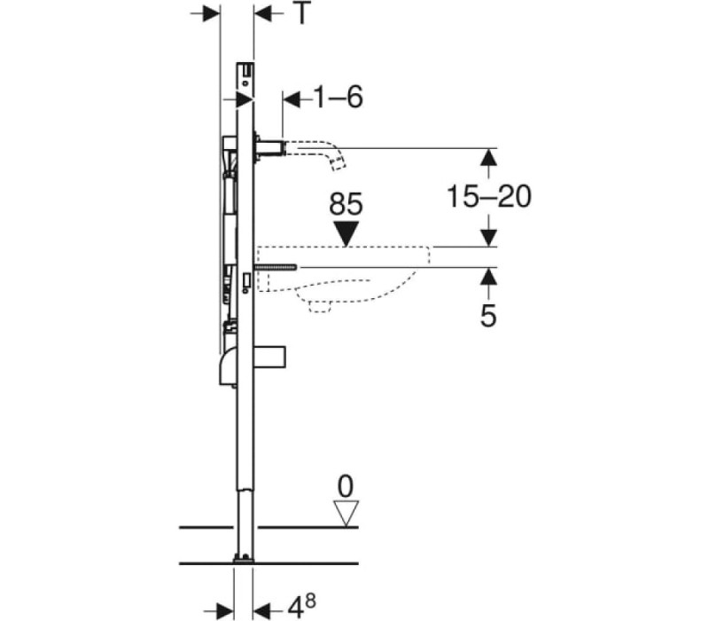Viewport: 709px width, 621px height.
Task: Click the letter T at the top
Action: (x=302, y=14)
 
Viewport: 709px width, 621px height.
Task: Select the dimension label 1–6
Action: (x=338, y=98)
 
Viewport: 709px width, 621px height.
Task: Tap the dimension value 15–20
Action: (x=489, y=197)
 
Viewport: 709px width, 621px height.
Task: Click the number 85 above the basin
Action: (x=346, y=204)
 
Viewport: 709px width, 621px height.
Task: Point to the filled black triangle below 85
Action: (x=346, y=233)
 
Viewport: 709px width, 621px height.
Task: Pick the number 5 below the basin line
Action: (x=488, y=316)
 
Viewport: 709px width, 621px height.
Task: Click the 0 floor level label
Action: (x=346, y=487)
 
